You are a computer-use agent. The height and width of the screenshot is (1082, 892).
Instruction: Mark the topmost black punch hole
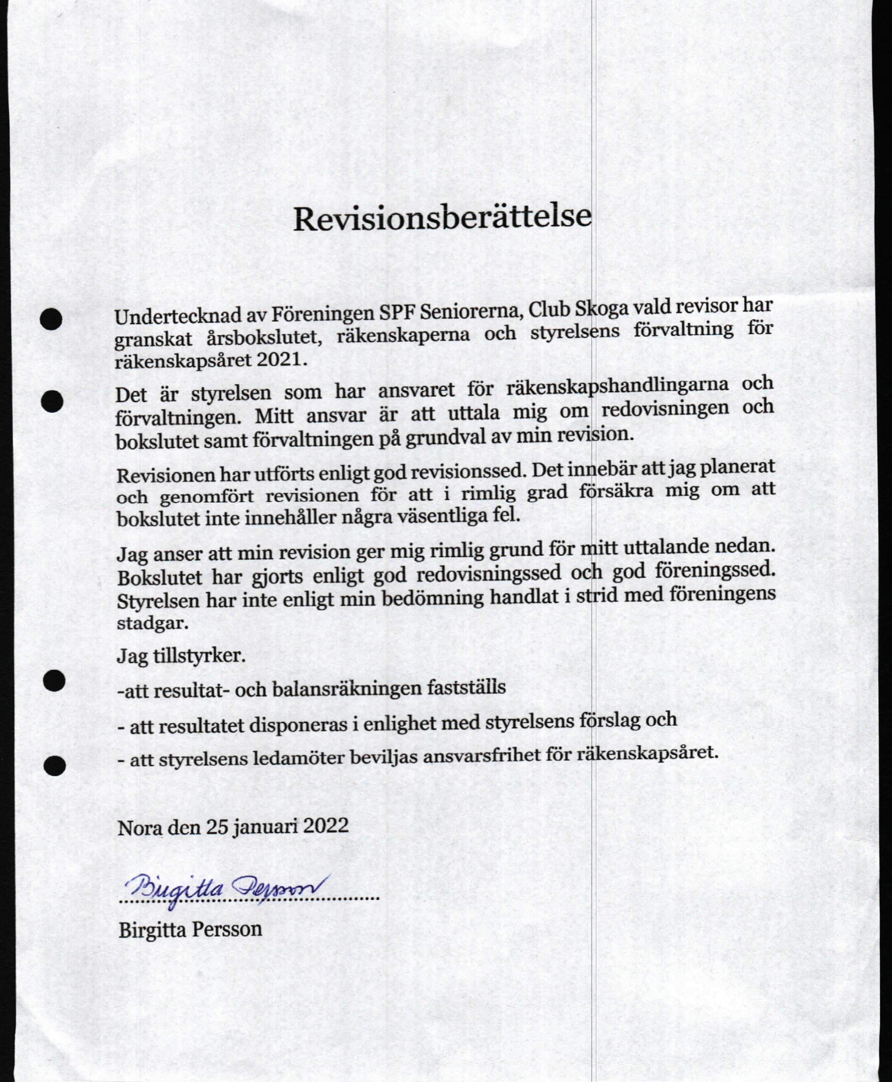click(51, 319)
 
